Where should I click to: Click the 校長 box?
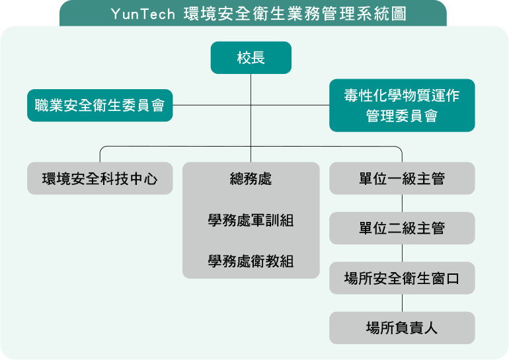[x=251, y=57]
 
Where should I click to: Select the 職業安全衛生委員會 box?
[x=100, y=106]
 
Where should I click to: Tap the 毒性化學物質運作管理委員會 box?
[x=402, y=106]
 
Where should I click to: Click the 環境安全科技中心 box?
[x=100, y=178]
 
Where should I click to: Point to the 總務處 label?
[x=251, y=179]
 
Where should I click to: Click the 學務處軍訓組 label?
[x=251, y=220]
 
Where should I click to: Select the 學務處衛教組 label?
[x=251, y=262]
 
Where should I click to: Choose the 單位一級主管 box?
[x=402, y=178]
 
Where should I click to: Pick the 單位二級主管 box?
[x=402, y=228]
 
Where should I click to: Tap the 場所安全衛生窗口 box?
[x=402, y=278]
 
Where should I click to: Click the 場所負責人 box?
[x=402, y=328]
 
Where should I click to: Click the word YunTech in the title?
[x=143, y=15]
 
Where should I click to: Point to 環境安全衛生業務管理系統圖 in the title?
[x=295, y=14]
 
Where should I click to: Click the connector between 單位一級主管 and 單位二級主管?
[x=402, y=203]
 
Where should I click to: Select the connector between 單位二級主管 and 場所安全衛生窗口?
[x=402, y=253]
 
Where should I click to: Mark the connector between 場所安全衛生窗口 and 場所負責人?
[x=402, y=303]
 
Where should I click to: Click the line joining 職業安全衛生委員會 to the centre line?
[x=212, y=105]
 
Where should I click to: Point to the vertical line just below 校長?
[x=251, y=89]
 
